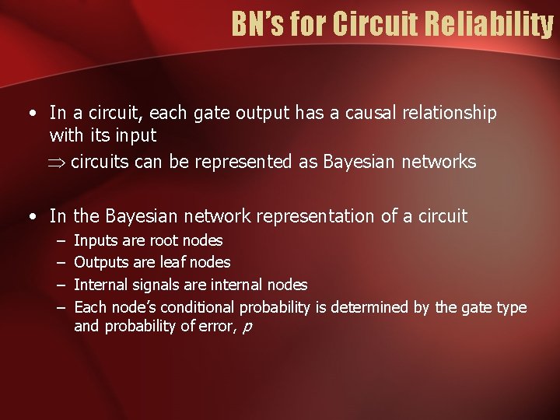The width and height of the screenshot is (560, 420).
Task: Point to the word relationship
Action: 446,114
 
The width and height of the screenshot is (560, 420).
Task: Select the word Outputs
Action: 99,263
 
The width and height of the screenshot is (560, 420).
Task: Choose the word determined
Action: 370,308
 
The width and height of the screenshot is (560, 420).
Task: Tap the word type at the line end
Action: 511,308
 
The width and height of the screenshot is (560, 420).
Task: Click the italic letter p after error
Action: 247,327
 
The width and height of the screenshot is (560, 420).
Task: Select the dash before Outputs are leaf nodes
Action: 61,263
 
